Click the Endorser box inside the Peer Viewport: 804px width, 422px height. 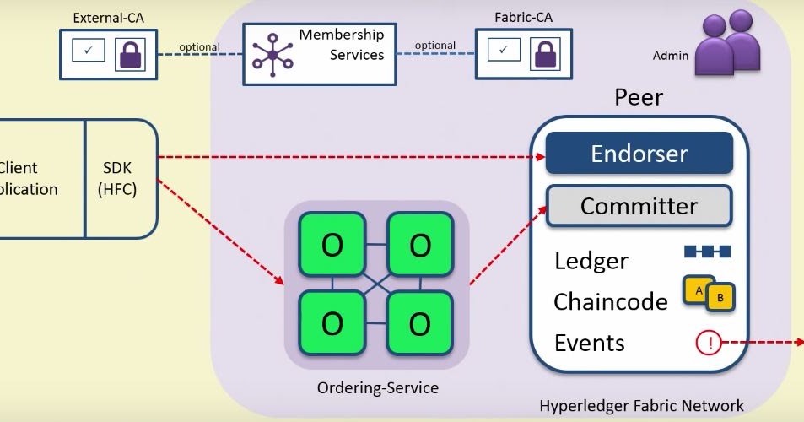point(639,154)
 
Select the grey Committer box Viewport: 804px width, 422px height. point(639,206)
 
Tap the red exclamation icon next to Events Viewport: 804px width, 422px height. point(709,343)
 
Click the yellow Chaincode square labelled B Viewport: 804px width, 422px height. point(720,297)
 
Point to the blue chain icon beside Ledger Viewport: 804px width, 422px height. point(707,252)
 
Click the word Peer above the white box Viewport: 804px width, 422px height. point(638,97)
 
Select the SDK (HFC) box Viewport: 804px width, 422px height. point(121,178)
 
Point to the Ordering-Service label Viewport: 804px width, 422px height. point(377,388)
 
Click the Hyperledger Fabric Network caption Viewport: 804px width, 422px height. point(641,406)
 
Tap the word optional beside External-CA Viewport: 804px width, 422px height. point(199,47)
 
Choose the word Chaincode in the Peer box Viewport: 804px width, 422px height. point(610,301)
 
